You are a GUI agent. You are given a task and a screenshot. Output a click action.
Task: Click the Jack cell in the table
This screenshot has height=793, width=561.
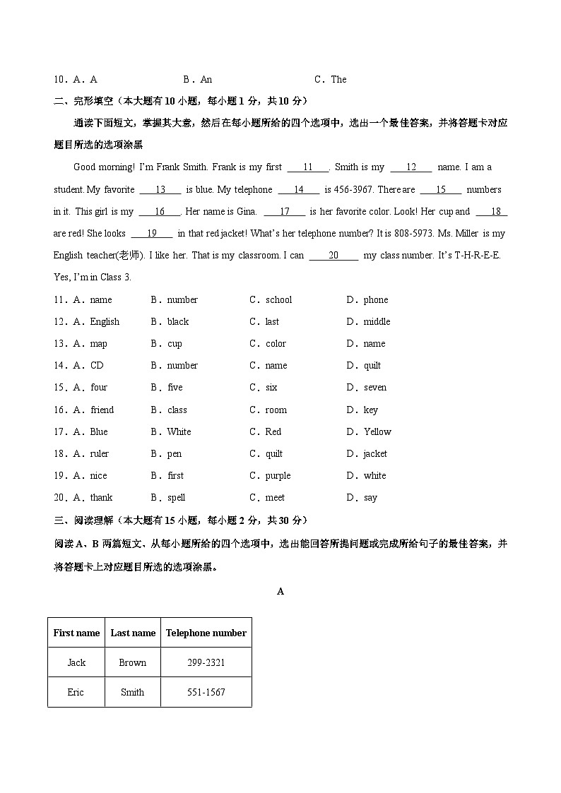76,662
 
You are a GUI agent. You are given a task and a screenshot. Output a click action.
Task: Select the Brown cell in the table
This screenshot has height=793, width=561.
132,662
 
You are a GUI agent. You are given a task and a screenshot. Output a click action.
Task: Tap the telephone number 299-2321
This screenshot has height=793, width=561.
206,662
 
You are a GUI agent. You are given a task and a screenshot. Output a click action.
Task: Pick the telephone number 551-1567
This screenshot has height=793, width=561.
206,692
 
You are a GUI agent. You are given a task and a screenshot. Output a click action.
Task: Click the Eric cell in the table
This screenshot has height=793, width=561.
76,692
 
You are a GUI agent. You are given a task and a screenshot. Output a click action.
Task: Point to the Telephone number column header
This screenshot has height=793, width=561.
206,633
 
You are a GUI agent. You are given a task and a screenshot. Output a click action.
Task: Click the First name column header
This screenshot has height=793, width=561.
76,633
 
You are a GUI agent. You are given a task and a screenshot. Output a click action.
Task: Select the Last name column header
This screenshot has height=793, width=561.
133,633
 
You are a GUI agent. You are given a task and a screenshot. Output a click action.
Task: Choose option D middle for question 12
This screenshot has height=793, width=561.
377,321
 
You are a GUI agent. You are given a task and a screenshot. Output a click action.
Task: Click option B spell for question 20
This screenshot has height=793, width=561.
176,497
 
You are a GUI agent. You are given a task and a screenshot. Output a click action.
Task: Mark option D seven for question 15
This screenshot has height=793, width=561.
375,387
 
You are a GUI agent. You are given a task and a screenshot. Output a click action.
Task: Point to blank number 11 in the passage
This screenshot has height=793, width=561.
308,167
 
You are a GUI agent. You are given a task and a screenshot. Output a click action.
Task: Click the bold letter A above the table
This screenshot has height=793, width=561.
280,591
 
